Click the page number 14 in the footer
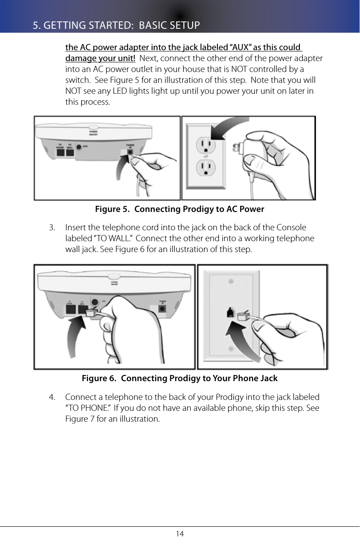[x=180, y=534]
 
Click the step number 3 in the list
[x=52, y=228]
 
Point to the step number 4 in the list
[x=52, y=397]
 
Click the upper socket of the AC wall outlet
[x=206, y=143]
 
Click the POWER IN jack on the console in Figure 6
[x=163, y=308]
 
